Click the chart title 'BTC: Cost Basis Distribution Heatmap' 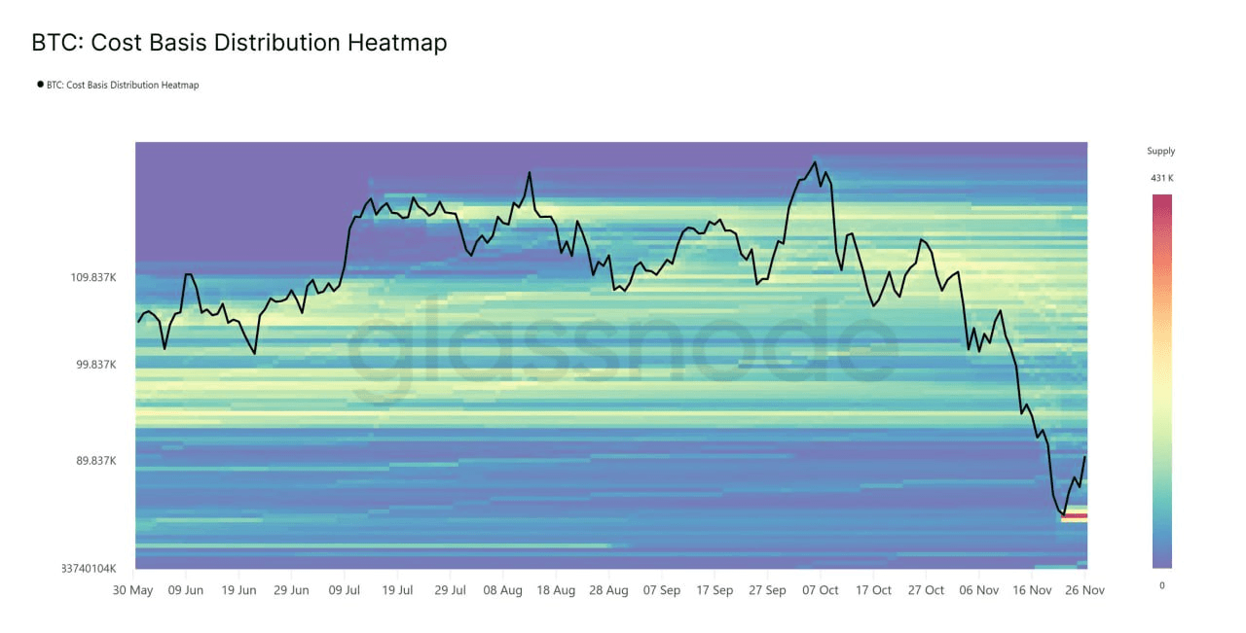click(238, 43)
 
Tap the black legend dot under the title click(40, 85)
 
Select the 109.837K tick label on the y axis click(93, 277)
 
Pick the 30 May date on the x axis click(132, 590)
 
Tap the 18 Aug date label click(556, 590)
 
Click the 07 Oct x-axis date click(821, 590)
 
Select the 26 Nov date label click(1085, 590)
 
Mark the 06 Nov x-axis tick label click(979, 590)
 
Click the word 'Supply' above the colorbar click(1160, 151)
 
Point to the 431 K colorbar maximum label click(1161, 178)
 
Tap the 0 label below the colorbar click(1161, 584)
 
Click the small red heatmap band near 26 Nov click(1074, 516)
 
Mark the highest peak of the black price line click(815, 162)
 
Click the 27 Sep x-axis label click(768, 590)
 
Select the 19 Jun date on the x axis click(238, 590)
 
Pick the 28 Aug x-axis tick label click(608, 590)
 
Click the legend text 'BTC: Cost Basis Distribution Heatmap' click(123, 85)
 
